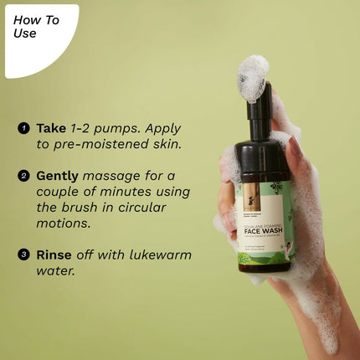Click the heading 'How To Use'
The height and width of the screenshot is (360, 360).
coord(36,27)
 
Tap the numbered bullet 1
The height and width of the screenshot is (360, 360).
coord(24,129)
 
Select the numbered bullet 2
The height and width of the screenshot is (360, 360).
coord(24,176)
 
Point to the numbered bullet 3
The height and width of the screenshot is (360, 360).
coord(24,255)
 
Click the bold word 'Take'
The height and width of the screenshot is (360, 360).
coord(51,129)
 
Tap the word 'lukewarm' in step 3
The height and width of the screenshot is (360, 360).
coord(157,255)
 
